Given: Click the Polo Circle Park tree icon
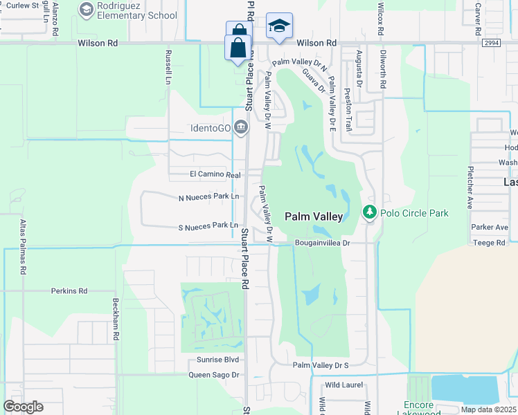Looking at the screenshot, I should tap(370, 212).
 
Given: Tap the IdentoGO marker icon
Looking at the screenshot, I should tap(240, 127).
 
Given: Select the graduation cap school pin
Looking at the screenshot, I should tap(279, 26).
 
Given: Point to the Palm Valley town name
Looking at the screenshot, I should tap(314, 216).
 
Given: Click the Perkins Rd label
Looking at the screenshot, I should tap(69, 291).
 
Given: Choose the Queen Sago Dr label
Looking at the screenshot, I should tap(213, 375).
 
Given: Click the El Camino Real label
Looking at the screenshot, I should tap(215, 175).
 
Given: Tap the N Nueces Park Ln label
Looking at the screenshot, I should tap(208, 197).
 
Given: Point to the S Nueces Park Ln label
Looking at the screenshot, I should tap(208, 225).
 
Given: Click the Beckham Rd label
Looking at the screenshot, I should tap(116, 319).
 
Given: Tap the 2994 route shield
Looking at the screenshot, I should tap(492, 43).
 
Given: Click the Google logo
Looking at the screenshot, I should tap(23, 407).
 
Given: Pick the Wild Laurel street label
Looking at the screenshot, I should tap(343, 385).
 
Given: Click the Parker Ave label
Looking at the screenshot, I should tap(490, 227).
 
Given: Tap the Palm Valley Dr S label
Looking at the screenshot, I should tap(320, 365).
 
